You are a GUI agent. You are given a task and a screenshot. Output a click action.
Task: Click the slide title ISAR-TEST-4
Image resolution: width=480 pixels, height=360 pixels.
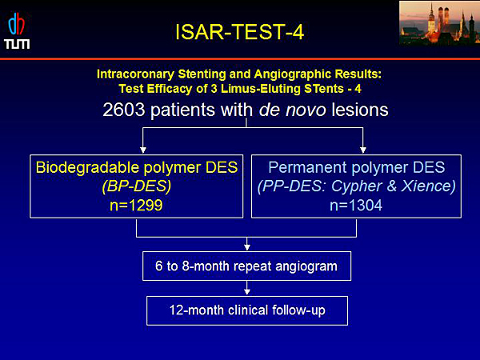240,32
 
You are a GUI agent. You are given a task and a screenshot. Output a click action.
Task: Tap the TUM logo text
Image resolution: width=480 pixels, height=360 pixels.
17,44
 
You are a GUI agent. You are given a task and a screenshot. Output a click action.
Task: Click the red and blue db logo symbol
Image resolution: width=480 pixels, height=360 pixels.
17,25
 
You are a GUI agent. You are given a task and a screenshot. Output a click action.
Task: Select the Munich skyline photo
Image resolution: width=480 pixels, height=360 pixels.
439,23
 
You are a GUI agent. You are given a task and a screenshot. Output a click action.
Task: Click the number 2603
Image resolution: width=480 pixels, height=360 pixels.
124,110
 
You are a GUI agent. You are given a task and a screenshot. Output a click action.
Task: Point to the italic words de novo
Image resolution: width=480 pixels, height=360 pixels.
292,110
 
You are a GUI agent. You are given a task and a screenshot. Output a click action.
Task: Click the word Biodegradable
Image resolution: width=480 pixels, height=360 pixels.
87,168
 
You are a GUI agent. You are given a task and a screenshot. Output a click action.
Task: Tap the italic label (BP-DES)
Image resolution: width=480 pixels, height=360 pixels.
137,186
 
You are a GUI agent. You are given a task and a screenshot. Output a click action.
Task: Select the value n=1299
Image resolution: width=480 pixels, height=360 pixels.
136,205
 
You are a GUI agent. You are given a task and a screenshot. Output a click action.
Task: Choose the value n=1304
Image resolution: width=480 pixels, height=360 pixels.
356,205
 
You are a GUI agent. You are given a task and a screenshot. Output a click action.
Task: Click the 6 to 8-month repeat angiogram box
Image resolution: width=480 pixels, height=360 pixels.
246,266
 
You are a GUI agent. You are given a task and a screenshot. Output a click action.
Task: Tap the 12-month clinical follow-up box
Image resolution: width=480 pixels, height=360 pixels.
247,310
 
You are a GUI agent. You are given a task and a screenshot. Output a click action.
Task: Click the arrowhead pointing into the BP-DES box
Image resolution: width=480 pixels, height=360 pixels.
143,150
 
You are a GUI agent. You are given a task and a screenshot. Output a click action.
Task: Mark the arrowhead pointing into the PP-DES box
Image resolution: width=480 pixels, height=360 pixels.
363,150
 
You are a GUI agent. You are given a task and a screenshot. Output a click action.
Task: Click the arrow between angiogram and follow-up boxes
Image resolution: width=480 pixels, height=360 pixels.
247,288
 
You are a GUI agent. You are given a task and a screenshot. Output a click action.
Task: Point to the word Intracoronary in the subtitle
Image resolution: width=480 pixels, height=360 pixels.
135,74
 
